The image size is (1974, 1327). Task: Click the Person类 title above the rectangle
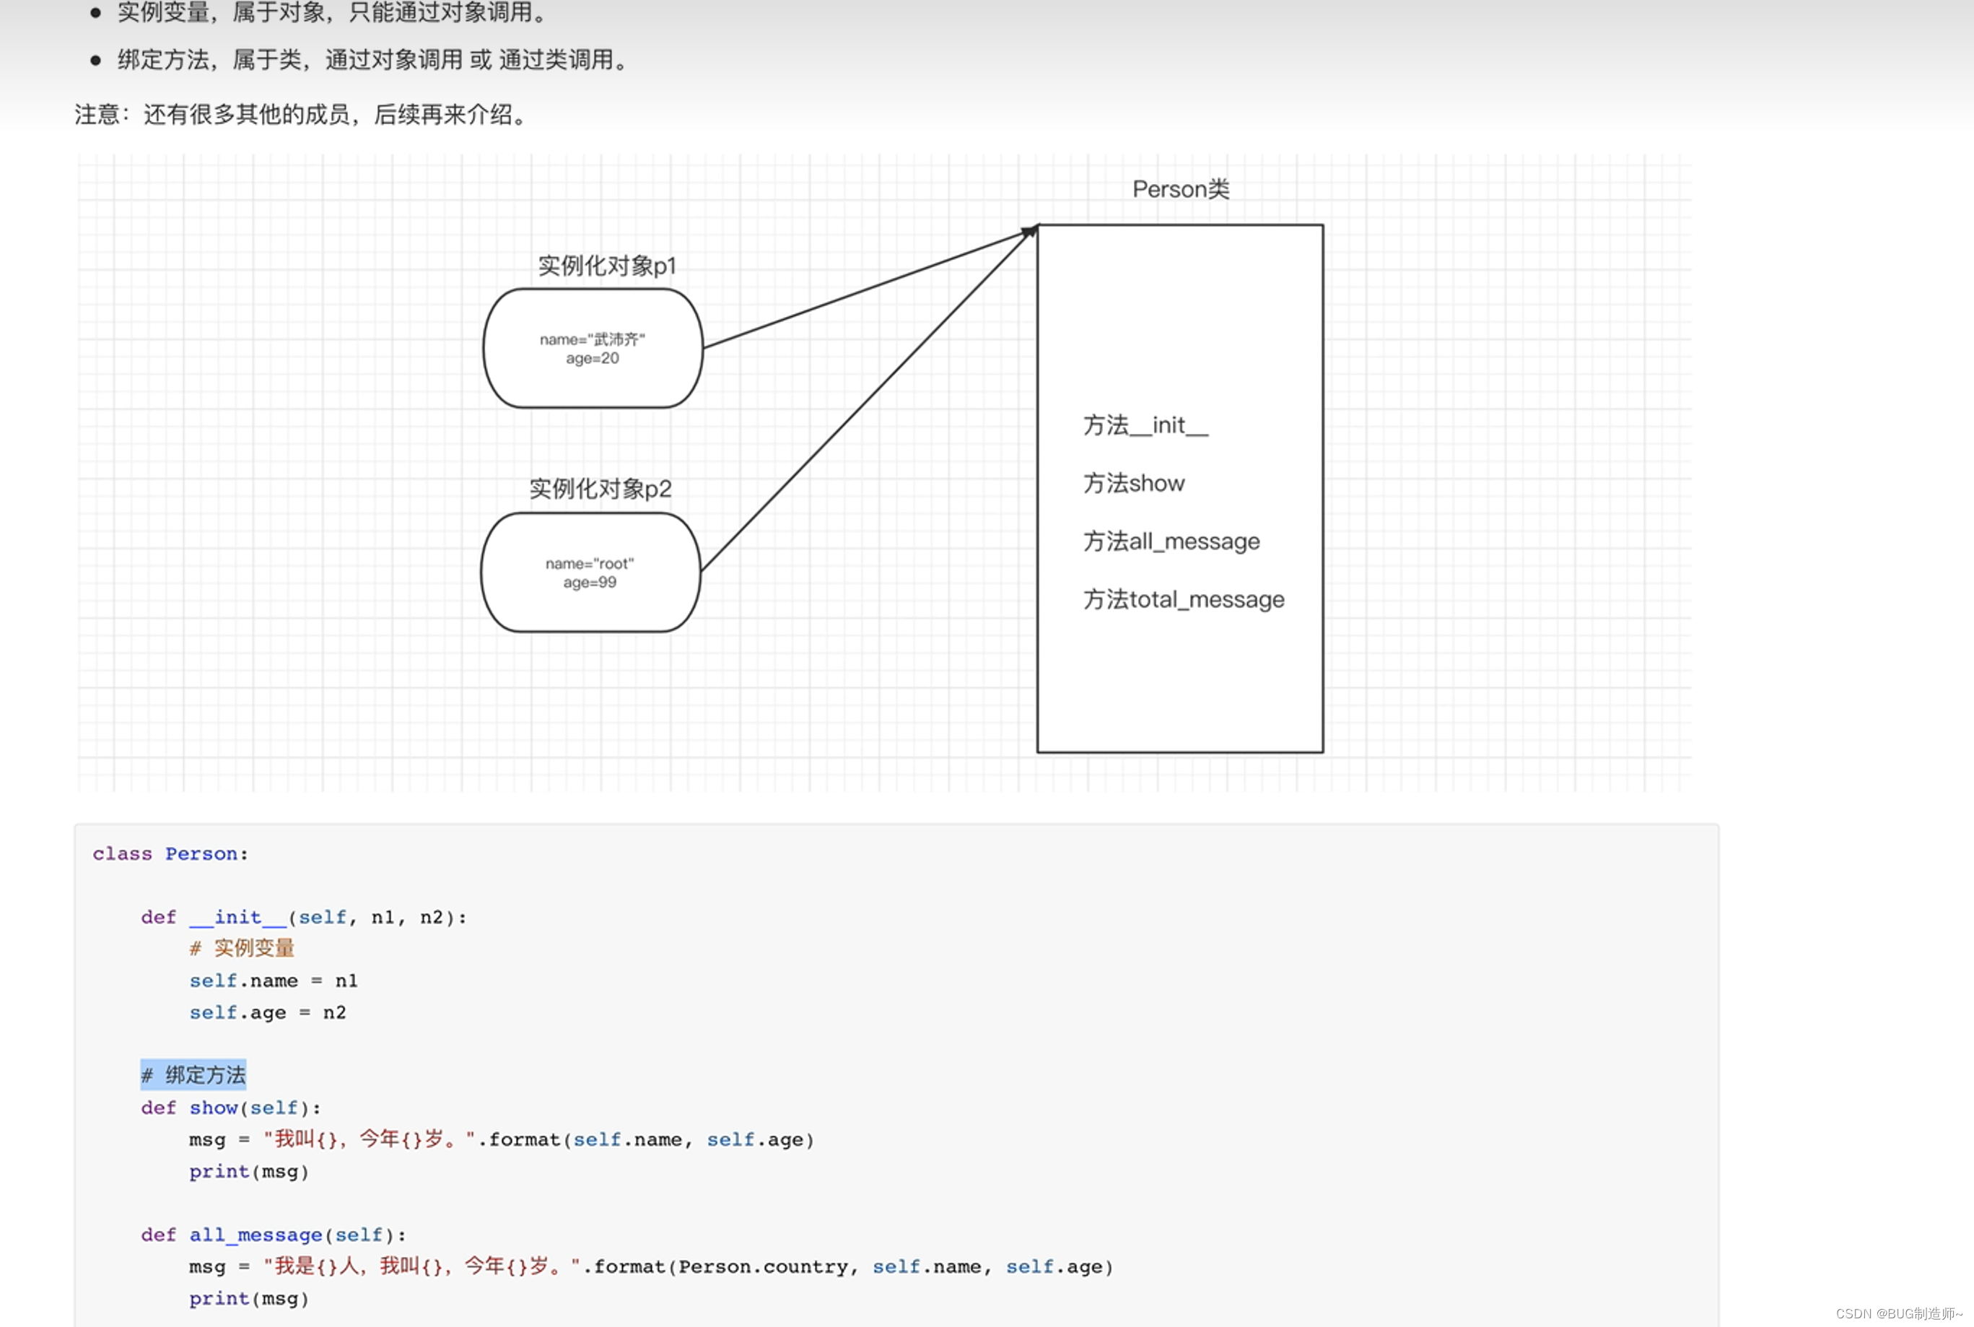click(x=1180, y=188)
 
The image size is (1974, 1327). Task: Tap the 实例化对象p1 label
click(x=607, y=266)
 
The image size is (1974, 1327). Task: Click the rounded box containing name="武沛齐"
click(x=593, y=348)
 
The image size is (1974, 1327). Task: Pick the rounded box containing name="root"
click(x=590, y=572)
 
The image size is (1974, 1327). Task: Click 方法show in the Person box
click(x=1134, y=483)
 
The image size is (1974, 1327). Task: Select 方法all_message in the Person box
click(x=1171, y=541)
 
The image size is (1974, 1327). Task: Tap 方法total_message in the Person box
click(x=1183, y=600)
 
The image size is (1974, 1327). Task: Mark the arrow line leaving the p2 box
click(x=863, y=403)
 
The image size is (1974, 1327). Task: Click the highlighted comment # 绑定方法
click(x=193, y=1075)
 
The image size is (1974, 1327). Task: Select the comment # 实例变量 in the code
click(x=242, y=948)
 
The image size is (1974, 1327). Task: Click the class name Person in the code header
click(x=201, y=854)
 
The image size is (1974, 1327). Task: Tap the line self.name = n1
click(x=274, y=981)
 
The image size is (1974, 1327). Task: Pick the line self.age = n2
click(x=267, y=1013)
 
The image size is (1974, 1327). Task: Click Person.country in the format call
click(x=763, y=1267)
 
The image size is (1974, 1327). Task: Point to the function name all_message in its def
click(x=256, y=1235)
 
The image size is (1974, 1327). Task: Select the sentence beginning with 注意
click(x=300, y=114)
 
